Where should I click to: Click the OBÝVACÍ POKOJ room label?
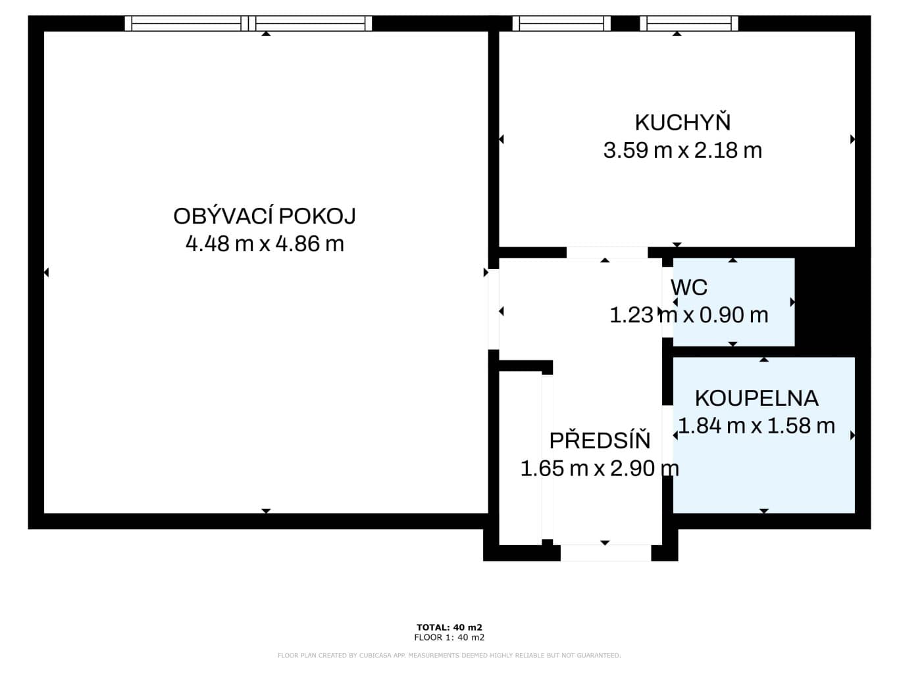tap(265, 216)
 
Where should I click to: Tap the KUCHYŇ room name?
tap(682, 122)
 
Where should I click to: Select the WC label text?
tap(689, 288)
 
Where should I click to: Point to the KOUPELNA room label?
tap(757, 398)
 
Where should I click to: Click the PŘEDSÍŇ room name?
tap(600, 440)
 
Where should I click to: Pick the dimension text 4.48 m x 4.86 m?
tap(265, 244)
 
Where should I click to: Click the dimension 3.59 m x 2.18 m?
tap(682, 150)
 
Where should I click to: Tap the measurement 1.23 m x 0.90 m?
tap(689, 315)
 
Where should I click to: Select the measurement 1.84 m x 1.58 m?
tap(757, 425)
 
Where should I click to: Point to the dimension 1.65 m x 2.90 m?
tap(600, 468)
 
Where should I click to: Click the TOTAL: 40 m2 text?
tap(449, 627)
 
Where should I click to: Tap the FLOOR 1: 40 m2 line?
tap(449, 637)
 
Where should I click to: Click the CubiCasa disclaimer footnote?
tap(449, 656)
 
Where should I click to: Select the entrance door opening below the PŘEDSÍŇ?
tap(605, 552)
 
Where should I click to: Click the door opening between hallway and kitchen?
tap(607, 252)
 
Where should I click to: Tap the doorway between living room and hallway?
tap(494, 309)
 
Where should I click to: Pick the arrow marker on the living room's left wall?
tap(46, 272)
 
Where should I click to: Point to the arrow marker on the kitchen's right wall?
tap(852, 139)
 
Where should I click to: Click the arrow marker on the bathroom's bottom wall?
tap(764, 511)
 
